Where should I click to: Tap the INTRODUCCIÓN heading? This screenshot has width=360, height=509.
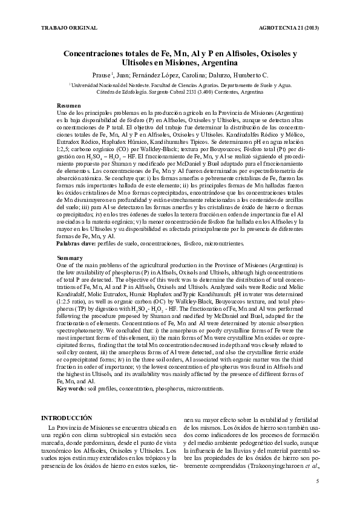point(66,418)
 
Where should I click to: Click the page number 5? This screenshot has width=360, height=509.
point(318,481)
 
